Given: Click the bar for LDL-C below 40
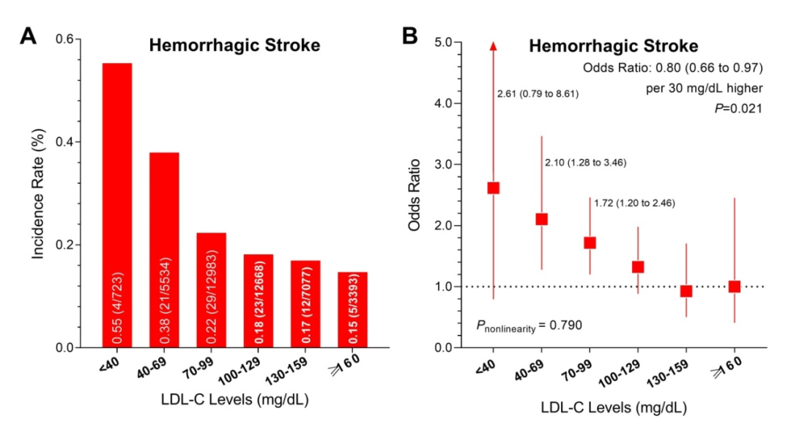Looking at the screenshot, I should (117, 205).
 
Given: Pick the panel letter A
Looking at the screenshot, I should (28, 35).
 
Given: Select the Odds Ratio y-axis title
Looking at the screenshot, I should (415, 194).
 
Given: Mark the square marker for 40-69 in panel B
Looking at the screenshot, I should (541, 219).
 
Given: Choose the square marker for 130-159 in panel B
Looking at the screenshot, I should (686, 291).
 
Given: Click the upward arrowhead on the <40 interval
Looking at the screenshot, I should (494, 46).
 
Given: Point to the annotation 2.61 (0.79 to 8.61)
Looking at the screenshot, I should (538, 94).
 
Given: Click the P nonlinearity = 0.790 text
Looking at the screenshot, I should (529, 324).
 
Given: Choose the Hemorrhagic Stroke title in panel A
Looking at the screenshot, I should (234, 45).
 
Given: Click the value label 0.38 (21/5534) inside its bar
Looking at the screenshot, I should (165, 297).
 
